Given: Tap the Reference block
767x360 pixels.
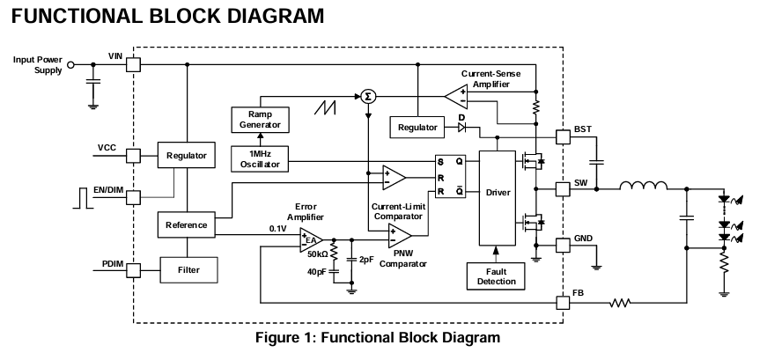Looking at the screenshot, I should (x=186, y=224).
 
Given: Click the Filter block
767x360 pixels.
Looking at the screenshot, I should (x=187, y=268).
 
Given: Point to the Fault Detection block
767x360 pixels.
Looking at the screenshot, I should (x=496, y=276).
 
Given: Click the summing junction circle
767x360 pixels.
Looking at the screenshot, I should (x=368, y=96).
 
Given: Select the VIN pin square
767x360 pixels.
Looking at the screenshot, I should (x=133, y=64).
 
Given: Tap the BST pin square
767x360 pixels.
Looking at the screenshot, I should (x=564, y=137).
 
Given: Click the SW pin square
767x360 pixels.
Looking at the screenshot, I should (x=564, y=188).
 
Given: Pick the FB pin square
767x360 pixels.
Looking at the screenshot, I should (x=564, y=303).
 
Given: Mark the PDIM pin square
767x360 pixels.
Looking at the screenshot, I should (x=133, y=268).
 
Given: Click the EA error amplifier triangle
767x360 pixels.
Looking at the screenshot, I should (x=311, y=239).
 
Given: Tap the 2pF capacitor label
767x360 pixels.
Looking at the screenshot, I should (x=367, y=261).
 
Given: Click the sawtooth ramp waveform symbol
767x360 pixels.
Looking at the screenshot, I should (x=327, y=108).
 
